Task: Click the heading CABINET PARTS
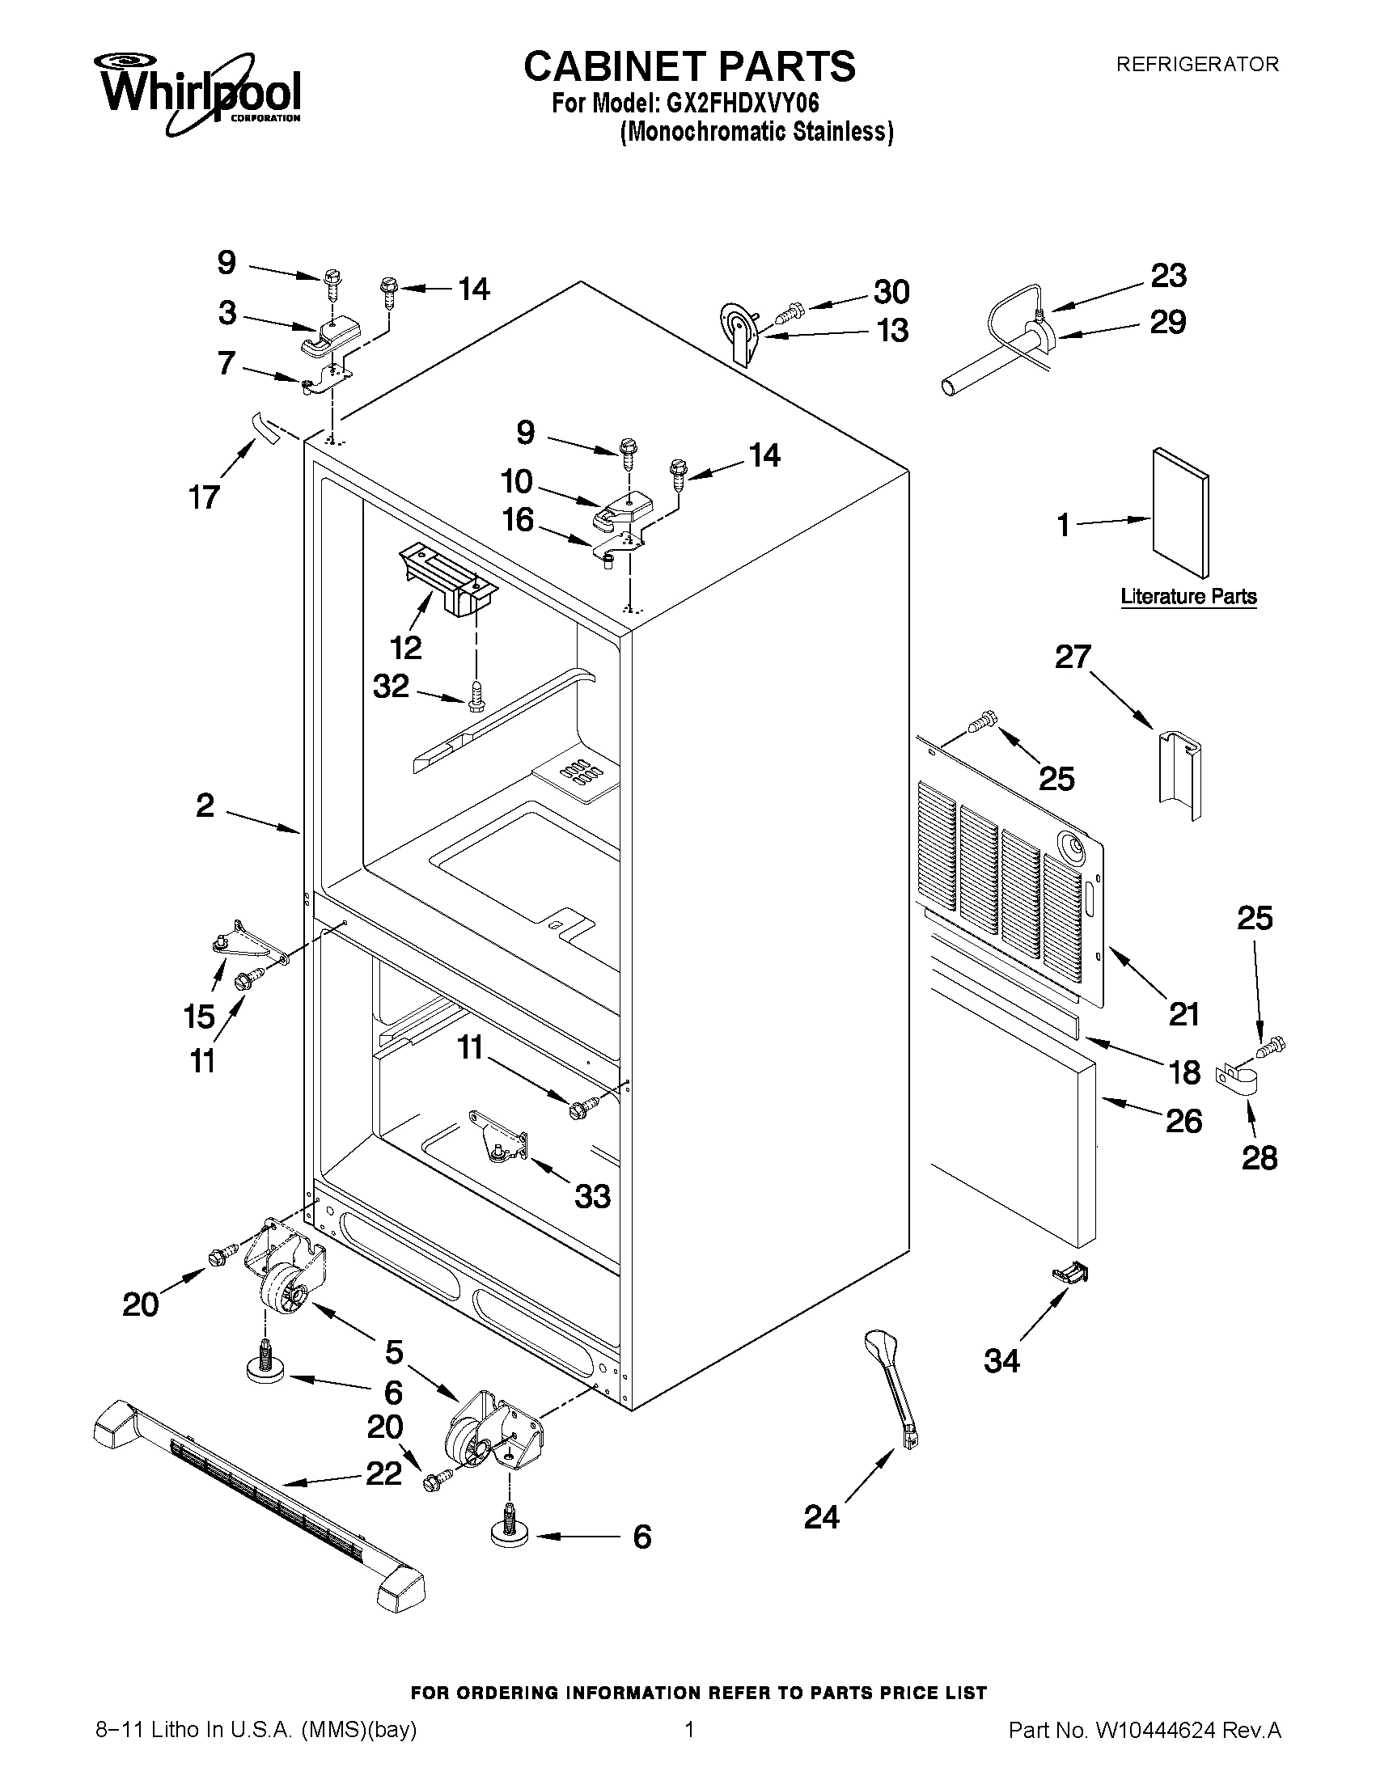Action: (689, 66)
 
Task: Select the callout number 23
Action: (1168, 277)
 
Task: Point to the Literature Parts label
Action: (1188, 597)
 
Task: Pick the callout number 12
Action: (405, 648)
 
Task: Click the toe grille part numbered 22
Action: (259, 1495)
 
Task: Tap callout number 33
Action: (592, 1197)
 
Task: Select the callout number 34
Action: (1001, 1361)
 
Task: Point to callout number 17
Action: (205, 497)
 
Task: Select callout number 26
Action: (1183, 1123)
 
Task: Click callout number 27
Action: (1073, 657)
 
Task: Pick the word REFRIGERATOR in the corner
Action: (1196, 65)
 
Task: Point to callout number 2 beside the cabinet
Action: (205, 806)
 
